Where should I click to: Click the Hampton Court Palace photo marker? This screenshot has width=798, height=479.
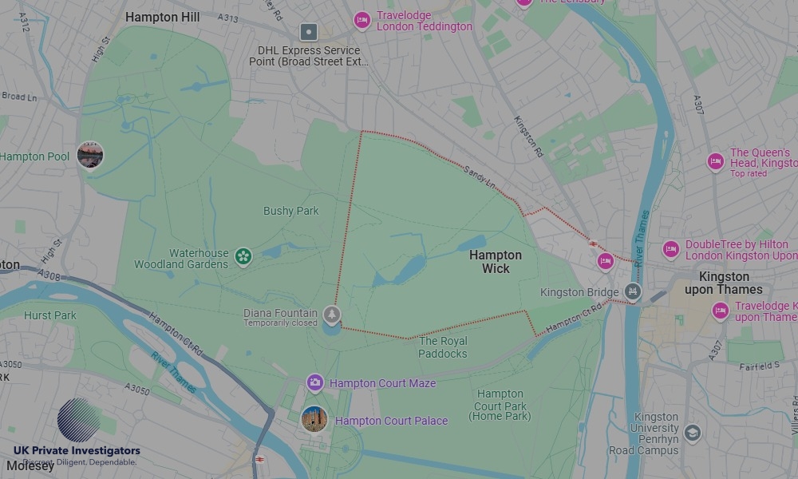click(314, 419)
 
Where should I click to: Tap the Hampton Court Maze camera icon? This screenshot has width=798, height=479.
click(315, 383)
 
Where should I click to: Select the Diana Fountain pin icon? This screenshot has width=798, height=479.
click(332, 315)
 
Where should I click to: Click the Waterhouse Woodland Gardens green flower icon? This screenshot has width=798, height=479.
click(243, 256)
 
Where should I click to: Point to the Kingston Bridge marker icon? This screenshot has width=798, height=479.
click(633, 292)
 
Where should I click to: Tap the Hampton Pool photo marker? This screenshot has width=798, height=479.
click(90, 155)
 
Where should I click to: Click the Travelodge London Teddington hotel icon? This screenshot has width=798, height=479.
click(362, 21)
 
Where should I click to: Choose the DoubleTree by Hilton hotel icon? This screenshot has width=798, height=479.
click(671, 250)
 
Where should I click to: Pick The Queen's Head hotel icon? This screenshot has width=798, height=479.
click(716, 162)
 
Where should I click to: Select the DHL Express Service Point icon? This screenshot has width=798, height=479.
click(309, 33)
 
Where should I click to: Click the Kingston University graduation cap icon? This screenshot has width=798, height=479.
click(692, 433)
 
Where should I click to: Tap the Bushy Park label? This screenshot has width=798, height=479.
click(291, 211)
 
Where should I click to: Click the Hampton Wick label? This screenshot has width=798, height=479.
click(495, 262)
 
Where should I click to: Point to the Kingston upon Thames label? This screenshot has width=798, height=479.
click(724, 283)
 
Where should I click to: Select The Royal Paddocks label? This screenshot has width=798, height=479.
click(443, 347)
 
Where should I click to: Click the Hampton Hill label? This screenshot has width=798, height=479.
click(162, 16)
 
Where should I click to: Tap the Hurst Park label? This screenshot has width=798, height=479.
click(50, 315)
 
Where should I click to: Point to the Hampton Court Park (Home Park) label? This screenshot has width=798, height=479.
click(500, 405)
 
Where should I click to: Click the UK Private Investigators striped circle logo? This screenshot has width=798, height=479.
click(79, 420)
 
